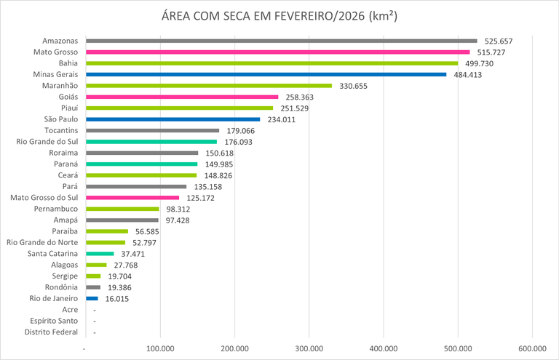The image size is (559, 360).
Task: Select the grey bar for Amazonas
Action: [281, 41]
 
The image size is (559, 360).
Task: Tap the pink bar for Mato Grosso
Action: [277, 52]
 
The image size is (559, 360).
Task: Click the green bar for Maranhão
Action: [208, 86]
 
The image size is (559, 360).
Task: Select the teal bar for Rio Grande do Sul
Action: [151, 142]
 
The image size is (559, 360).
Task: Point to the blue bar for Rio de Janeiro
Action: [92, 298]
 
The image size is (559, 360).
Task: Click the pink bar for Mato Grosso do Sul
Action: [132, 198]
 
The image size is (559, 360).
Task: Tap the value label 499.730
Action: [483, 63]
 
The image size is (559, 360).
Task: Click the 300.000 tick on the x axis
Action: [309, 349]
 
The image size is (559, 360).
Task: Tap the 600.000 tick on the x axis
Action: [532, 349]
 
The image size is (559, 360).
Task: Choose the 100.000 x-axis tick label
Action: [159, 349]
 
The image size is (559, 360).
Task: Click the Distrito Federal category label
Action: [51, 332]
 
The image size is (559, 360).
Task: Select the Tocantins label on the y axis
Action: [60, 131]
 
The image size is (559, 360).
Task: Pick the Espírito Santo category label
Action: [54, 321]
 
